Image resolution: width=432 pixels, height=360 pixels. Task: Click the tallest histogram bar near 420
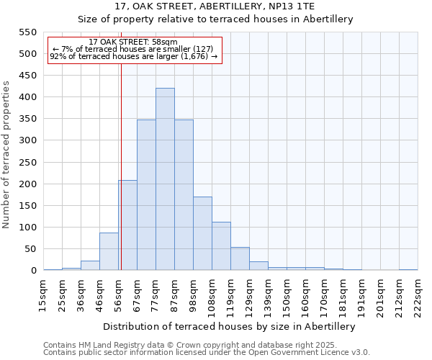165,179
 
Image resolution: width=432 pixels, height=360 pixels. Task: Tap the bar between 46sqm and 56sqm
109,251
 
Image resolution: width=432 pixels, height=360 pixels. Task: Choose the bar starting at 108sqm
221,246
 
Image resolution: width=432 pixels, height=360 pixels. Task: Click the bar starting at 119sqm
240,258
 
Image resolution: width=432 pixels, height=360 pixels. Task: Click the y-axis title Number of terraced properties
7,155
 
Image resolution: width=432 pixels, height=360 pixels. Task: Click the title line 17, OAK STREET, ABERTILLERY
215,6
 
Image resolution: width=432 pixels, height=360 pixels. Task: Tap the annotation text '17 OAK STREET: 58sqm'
133,42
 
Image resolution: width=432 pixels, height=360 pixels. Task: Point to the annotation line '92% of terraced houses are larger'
133,56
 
